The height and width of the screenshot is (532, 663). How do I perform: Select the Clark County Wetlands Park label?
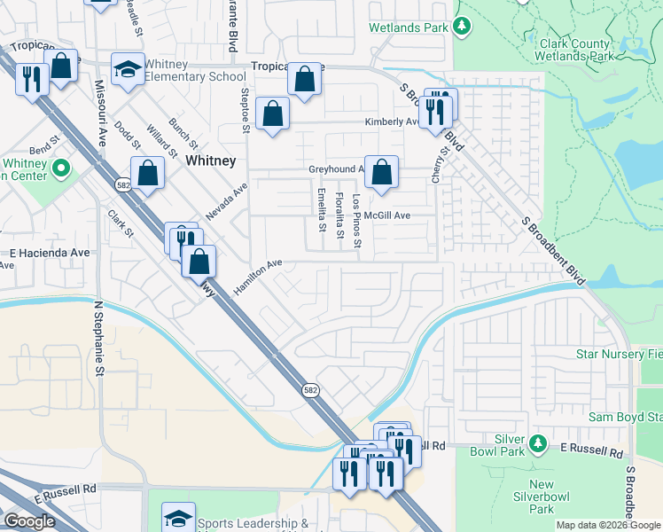point(573,50)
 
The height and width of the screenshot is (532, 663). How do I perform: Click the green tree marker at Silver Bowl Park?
point(537,442)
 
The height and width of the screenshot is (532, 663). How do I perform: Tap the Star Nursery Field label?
point(619,355)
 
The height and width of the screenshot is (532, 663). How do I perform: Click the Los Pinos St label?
point(357,221)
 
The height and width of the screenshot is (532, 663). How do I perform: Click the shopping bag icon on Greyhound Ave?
point(381,172)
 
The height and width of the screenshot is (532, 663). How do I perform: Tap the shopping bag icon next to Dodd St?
point(147,172)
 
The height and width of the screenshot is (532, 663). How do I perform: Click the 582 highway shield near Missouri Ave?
point(123,184)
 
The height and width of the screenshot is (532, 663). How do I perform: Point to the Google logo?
point(29,521)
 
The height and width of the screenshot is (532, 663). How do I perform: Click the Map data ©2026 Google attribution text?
point(609,525)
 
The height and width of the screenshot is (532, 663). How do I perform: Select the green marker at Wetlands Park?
point(461,27)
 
